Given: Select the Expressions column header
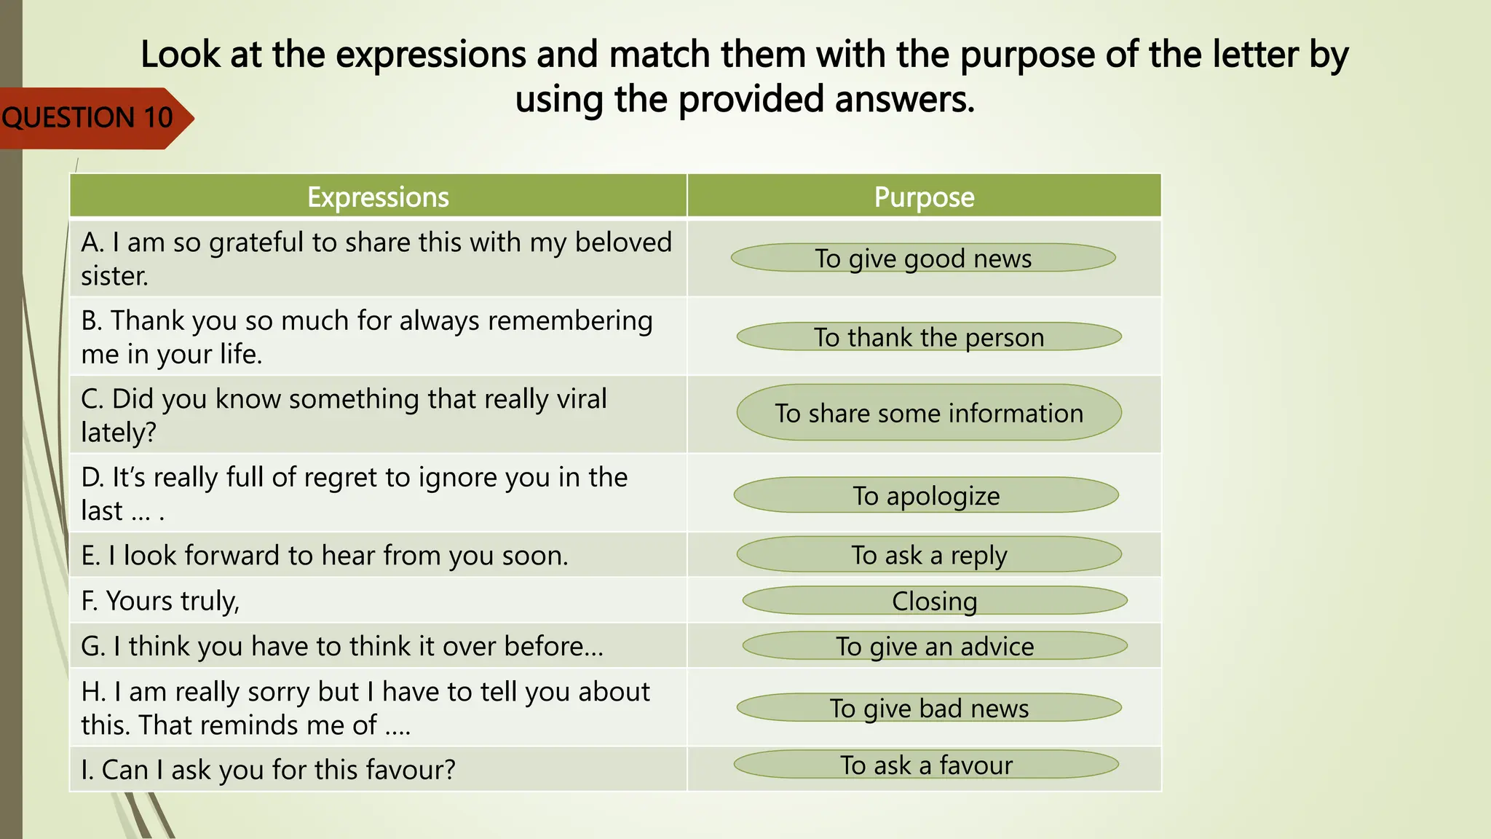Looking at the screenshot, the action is tap(378, 197).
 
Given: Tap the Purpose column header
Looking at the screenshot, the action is tap(924, 197).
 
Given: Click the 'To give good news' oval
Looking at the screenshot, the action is tap(923, 258).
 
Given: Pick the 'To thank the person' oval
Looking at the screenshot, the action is tap(929, 336).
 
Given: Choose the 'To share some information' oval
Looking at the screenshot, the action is tap(929, 412).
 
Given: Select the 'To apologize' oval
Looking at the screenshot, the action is tap(926, 495).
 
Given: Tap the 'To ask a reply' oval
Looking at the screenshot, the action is tap(929, 554).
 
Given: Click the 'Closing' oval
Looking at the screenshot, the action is tap(935, 601).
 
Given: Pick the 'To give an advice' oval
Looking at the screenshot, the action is tap(935, 645).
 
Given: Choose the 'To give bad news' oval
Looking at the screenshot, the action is tap(929, 707).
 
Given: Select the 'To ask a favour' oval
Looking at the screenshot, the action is tap(926, 764).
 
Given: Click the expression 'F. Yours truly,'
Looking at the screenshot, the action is tap(160, 602).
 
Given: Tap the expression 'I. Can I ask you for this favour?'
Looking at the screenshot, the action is tap(268, 770).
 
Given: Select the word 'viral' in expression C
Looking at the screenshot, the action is tap(582, 398).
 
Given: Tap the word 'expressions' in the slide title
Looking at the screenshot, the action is tap(432, 55).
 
